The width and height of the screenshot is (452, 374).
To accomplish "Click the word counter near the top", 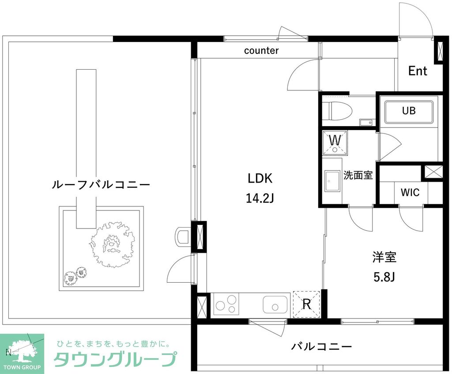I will pos(261,51).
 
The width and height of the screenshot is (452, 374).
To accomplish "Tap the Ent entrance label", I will pos(417,71).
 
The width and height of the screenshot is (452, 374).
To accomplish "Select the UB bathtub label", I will pos(408,111).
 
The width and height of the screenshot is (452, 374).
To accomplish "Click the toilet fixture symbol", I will pos(336,111).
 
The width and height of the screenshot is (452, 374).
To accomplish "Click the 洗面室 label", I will pos(358,176).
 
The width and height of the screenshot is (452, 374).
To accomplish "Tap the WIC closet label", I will pos(410,192).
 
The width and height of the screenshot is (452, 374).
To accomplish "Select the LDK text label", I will pos(260,179).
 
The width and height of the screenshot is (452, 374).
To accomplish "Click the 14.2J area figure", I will pos(260,198).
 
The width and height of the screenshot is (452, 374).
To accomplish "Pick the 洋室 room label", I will pos(384,257).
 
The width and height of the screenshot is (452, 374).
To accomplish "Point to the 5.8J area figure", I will pos(384,277).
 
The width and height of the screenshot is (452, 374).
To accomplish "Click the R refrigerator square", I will pos(306,303).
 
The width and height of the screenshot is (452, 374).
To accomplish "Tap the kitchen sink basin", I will pos(275,304).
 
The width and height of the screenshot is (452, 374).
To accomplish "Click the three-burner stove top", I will pos(226,304).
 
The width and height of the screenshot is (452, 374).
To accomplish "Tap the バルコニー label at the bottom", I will pos(321,347).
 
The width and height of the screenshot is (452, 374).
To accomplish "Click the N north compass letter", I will pos(8,352).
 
